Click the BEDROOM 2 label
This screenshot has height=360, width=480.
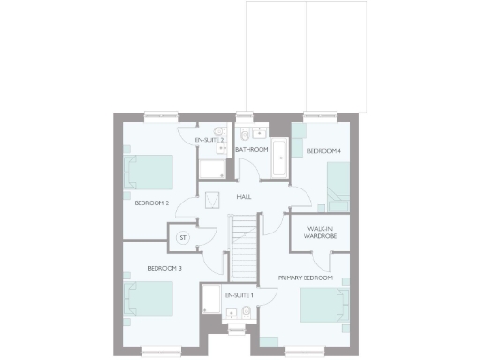(151, 202)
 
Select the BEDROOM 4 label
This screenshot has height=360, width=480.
(324, 150)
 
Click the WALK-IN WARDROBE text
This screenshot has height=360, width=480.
(314, 232)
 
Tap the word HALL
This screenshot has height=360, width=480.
(244, 197)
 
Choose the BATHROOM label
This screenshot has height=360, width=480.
(251, 150)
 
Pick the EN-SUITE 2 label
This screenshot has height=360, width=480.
(209, 140)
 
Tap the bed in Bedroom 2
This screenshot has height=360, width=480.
(147, 173)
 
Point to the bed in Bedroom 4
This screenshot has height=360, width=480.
(337, 184)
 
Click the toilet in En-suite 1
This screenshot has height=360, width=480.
(245, 311)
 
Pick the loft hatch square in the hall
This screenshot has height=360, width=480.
(213, 199)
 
